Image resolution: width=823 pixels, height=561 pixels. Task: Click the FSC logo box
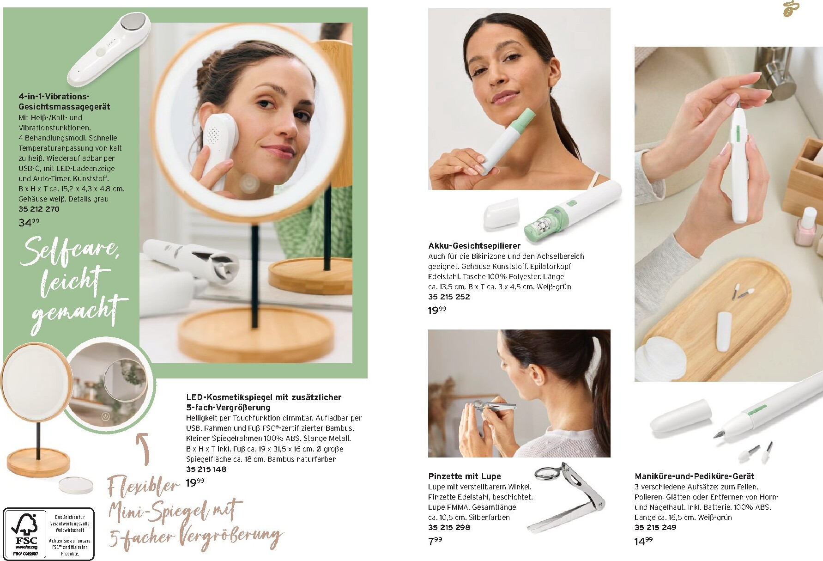tap(48, 534)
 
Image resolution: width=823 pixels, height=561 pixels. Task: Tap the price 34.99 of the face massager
tap(29, 222)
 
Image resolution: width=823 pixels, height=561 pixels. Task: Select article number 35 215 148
tap(206, 469)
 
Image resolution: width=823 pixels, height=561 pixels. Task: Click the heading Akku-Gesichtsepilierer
tap(474, 246)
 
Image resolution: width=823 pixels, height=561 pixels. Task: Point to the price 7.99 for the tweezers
tap(435, 541)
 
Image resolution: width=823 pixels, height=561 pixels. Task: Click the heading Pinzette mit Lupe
tap(464, 476)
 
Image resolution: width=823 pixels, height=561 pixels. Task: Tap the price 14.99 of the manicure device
tap(643, 541)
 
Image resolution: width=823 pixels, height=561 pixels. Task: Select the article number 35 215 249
tap(655, 527)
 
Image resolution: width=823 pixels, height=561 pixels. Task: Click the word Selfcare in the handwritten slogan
tap(69, 250)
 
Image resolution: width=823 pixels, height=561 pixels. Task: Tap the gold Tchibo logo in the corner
tap(793, 9)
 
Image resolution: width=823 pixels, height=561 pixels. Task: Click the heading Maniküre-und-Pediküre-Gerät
tap(694, 476)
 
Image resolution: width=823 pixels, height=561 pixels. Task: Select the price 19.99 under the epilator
tap(437, 310)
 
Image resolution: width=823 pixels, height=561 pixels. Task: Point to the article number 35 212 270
tap(39, 209)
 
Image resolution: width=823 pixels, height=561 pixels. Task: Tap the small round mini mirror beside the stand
tap(76, 483)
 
